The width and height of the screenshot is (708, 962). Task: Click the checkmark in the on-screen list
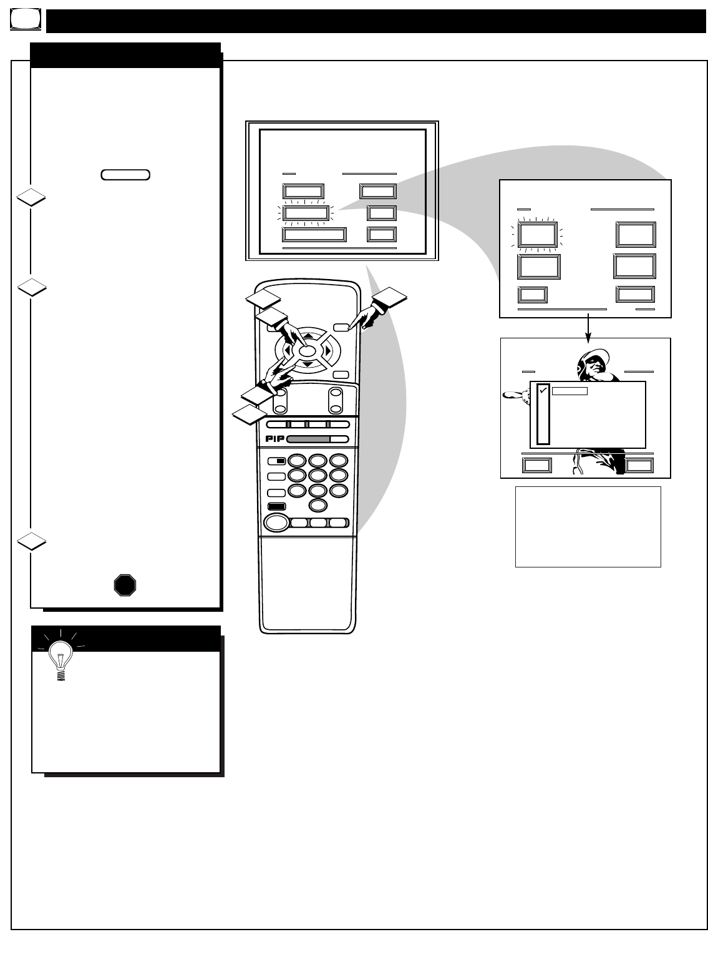pos(543,391)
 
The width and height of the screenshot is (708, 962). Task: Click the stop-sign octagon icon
pos(125,585)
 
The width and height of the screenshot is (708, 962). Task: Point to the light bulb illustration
pos(61,658)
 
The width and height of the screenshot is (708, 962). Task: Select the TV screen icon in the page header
pos(26,21)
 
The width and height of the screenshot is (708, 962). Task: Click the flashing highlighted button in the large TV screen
pos(305,214)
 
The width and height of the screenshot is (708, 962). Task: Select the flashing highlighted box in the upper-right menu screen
pos(537,235)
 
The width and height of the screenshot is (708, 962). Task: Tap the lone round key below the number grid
pos(318,504)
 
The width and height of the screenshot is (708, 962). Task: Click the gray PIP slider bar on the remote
pos(308,439)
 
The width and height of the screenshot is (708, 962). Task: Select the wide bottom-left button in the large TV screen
pos(314,234)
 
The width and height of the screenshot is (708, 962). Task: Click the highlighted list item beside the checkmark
pos(570,391)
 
